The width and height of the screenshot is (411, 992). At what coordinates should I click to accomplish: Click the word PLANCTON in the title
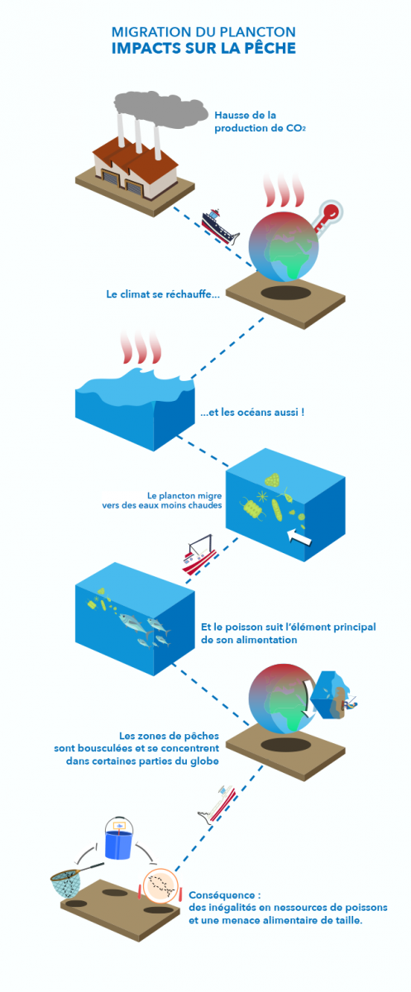[258, 32]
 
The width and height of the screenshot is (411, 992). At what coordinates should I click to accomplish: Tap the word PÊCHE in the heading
[270, 48]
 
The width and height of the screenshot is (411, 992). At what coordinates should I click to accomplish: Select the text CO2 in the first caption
[296, 128]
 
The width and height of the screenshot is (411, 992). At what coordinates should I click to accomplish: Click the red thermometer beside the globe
[327, 215]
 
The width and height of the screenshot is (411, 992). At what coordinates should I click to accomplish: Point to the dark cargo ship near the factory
[220, 227]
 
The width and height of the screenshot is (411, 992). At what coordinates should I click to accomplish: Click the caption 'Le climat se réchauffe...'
[163, 294]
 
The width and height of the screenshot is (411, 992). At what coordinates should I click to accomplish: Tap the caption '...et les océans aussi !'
[252, 413]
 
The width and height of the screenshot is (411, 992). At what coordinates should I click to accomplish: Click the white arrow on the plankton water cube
[299, 537]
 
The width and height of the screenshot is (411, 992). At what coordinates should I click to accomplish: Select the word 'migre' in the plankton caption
[210, 496]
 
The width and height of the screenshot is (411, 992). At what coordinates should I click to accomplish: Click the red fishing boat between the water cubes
[199, 554]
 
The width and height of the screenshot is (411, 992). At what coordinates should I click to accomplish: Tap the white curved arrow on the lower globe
[306, 699]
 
